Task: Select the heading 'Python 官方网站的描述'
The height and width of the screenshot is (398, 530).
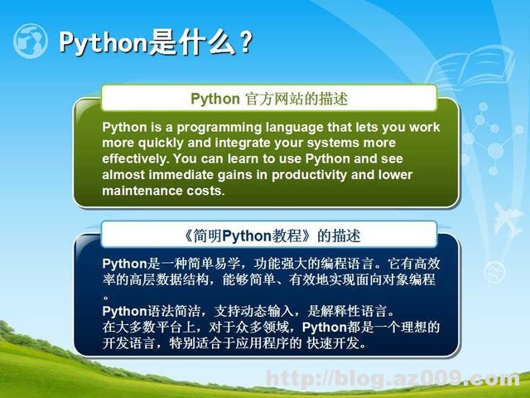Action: coord(269,99)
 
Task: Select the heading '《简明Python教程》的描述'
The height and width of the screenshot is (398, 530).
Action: coord(269,235)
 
